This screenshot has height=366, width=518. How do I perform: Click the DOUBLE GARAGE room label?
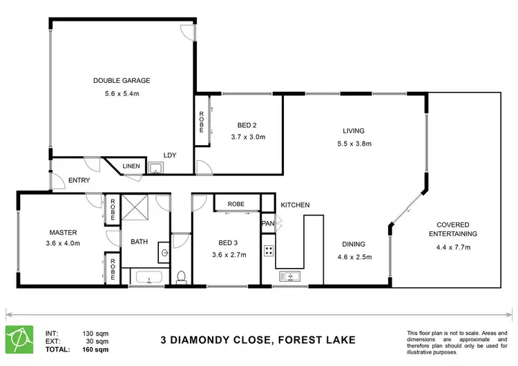122,81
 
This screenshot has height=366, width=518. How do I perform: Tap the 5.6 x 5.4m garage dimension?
122,95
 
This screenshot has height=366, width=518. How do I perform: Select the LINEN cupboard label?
131,166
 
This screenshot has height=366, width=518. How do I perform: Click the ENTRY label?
79,181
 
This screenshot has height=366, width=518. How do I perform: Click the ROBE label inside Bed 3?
236,204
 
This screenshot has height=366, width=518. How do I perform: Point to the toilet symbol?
181,277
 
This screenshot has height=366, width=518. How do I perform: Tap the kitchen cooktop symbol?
268,251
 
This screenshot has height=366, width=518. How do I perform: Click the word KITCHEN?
295,205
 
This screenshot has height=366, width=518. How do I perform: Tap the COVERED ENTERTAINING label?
453,229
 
